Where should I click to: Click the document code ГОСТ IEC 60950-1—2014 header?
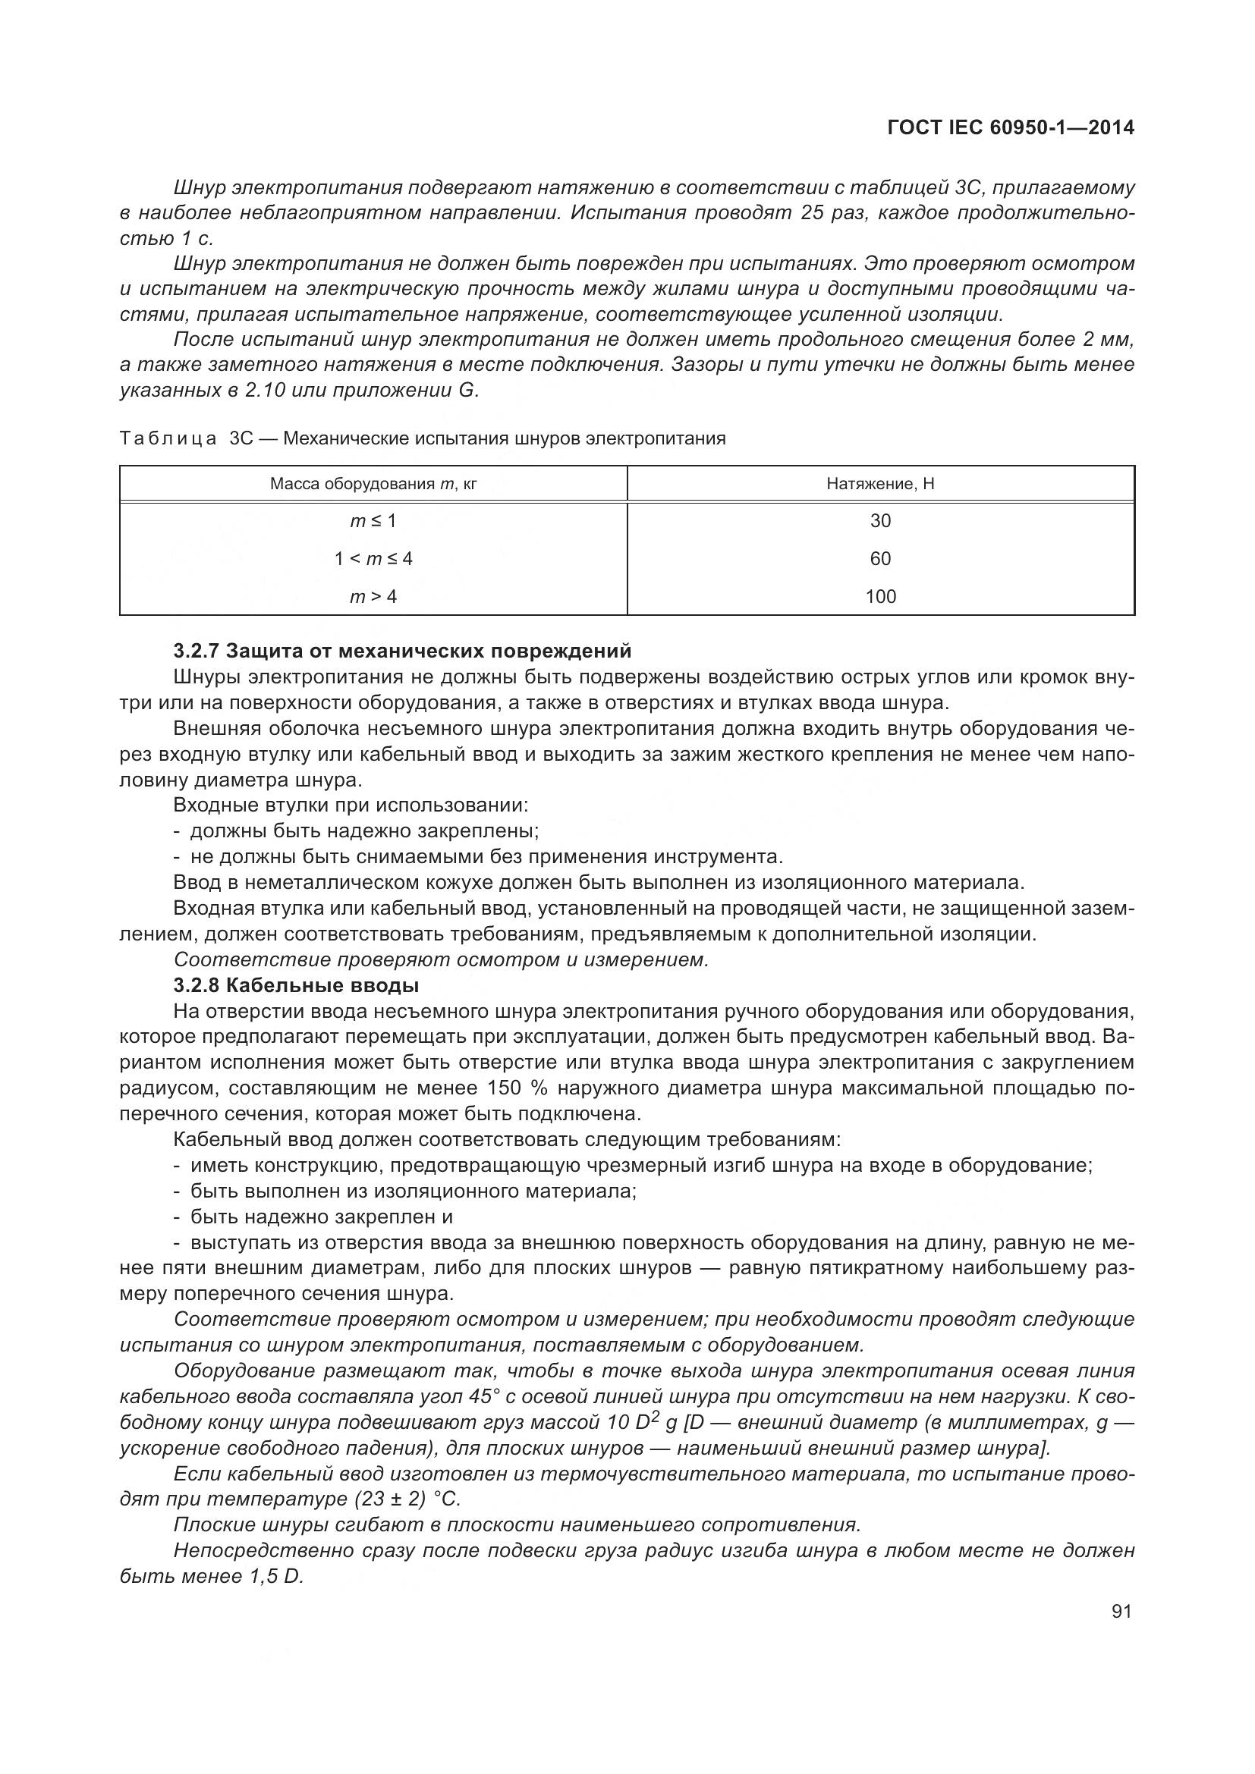coord(1011,128)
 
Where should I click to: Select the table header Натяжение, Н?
coord(880,485)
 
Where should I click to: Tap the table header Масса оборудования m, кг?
coord(373,485)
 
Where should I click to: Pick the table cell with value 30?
coord(880,522)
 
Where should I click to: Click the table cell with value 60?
coord(880,559)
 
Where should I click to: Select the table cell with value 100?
coord(880,596)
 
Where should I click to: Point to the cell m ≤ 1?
coord(373,522)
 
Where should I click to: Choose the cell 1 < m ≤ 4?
coord(373,559)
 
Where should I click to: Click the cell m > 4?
coord(373,596)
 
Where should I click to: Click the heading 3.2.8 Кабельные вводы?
coord(297,986)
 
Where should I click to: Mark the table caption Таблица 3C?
coord(422,439)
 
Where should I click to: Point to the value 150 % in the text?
coord(516,1088)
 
